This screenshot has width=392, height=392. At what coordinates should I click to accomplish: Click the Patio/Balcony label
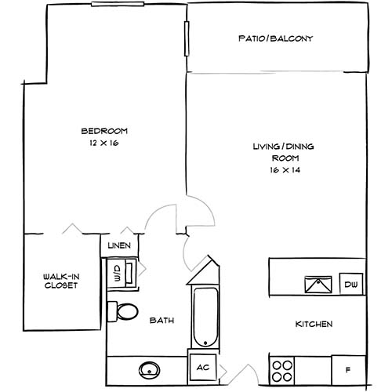(275, 38)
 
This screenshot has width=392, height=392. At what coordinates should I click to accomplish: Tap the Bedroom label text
(104, 131)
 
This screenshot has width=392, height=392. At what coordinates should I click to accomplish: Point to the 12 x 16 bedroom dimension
(104, 143)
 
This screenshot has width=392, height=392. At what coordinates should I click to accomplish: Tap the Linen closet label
(120, 246)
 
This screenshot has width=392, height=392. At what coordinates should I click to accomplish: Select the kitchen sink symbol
(318, 285)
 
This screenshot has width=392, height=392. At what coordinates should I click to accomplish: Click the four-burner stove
(283, 366)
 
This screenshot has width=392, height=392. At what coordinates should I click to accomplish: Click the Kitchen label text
(314, 325)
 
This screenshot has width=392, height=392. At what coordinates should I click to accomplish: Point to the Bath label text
(162, 321)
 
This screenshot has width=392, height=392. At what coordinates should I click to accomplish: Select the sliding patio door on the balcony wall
(187, 36)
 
